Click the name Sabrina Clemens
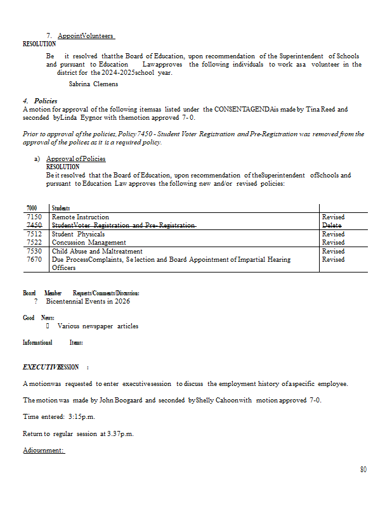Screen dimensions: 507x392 (93, 84)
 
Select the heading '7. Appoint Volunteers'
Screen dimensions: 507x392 (81, 36)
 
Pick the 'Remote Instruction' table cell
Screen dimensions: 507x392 (80, 217)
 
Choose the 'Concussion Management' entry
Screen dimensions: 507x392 (89, 242)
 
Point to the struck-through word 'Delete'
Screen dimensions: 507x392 (333, 225)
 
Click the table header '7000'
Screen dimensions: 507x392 (32, 208)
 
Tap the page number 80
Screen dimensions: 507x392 (363, 470)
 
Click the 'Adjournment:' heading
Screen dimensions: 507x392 (44, 451)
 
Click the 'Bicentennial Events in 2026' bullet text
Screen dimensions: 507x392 (88, 301)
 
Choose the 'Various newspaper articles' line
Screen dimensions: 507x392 (98, 326)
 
